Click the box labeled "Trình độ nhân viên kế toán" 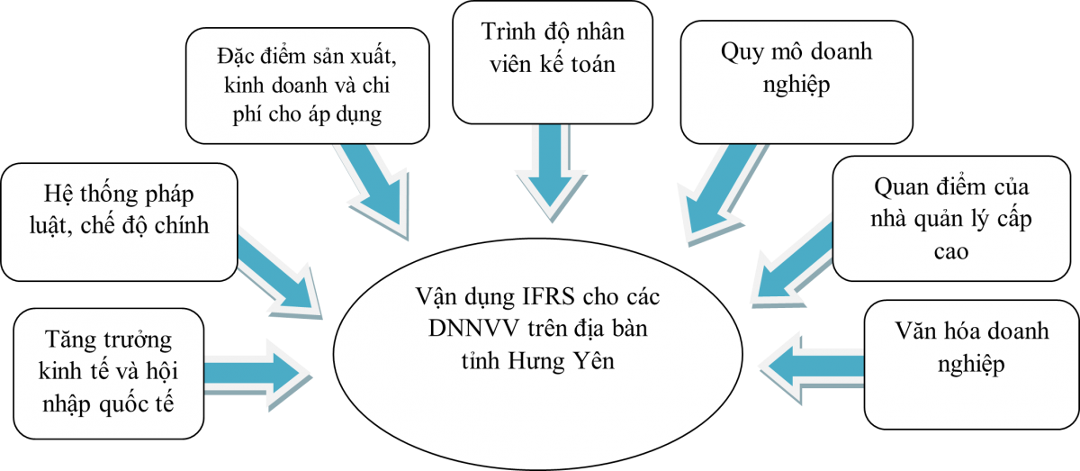(x=552, y=61)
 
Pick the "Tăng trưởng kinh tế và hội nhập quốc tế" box (x=107, y=373)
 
